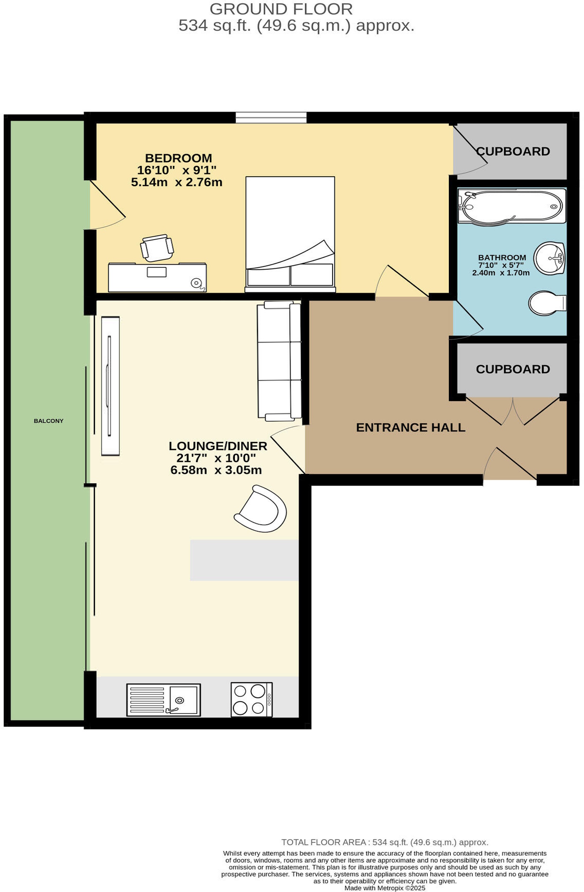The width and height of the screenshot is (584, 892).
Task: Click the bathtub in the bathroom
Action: pyautogui.click(x=511, y=206)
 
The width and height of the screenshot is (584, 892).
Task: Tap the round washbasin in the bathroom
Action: pyautogui.click(x=549, y=258)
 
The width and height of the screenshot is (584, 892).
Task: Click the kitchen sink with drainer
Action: pyautogui.click(x=163, y=699)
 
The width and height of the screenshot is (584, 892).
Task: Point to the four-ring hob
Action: pyautogui.click(x=251, y=699)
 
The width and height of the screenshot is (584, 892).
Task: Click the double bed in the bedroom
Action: pyautogui.click(x=290, y=234)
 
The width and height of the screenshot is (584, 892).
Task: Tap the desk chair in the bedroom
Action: pyautogui.click(x=157, y=248)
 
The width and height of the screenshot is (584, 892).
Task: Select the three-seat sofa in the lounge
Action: pyautogui.click(x=279, y=360)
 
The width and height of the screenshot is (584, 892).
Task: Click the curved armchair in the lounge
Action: pyautogui.click(x=261, y=509)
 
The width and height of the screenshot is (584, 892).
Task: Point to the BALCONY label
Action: pyautogui.click(x=48, y=420)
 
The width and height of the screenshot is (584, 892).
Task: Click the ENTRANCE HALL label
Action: pyautogui.click(x=410, y=427)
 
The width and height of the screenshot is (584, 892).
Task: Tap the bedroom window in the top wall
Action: pyautogui.click(x=271, y=117)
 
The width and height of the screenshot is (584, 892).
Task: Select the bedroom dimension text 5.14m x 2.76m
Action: pyautogui.click(x=176, y=182)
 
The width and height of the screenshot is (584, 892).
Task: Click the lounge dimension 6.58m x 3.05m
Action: pyautogui.click(x=216, y=470)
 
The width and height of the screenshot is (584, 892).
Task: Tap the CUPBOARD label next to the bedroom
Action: pyautogui.click(x=513, y=151)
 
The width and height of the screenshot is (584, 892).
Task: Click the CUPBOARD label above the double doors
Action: pyautogui.click(x=513, y=369)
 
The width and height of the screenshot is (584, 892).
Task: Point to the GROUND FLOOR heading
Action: pyautogui.click(x=281, y=9)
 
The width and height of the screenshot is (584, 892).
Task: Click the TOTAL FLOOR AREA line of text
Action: pyautogui.click(x=385, y=842)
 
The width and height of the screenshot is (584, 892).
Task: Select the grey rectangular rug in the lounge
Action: pyautogui.click(x=244, y=560)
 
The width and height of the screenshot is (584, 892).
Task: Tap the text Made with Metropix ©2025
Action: pyautogui.click(x=385, y=888)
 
